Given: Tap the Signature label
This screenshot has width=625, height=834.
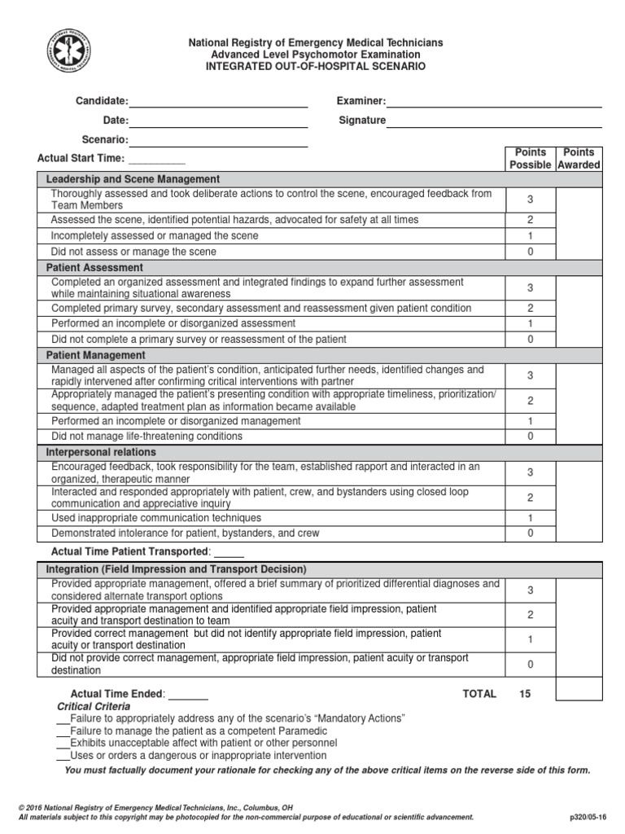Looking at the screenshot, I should tap(362, 121).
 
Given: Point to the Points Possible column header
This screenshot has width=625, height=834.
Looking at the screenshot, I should tap(531, 159).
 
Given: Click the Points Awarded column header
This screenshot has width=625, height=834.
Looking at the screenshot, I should tap(579, 159).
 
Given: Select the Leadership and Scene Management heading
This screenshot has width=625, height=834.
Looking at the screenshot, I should tap(133, 179).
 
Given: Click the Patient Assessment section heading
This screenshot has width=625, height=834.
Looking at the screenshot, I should tap(94, 267).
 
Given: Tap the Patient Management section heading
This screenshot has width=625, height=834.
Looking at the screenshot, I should tap(96, 355).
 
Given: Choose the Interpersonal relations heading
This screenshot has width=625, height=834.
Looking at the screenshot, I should tap(101, 452).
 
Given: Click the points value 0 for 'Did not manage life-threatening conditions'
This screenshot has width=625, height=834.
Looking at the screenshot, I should tap(531, 437).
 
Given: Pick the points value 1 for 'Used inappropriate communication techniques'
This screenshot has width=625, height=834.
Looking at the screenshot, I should tap(531, 518).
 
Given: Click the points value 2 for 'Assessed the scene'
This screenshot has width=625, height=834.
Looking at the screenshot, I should tap(531, 220).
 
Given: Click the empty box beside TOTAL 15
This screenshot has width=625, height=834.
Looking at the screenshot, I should tap(579, 689).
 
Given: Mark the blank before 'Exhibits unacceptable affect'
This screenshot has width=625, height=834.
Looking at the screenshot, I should tap(63, 744).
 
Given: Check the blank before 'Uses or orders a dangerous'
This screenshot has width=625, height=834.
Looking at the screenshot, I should tap(63, 756).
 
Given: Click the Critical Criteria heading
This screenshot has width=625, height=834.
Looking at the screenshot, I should tap(93, 706).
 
